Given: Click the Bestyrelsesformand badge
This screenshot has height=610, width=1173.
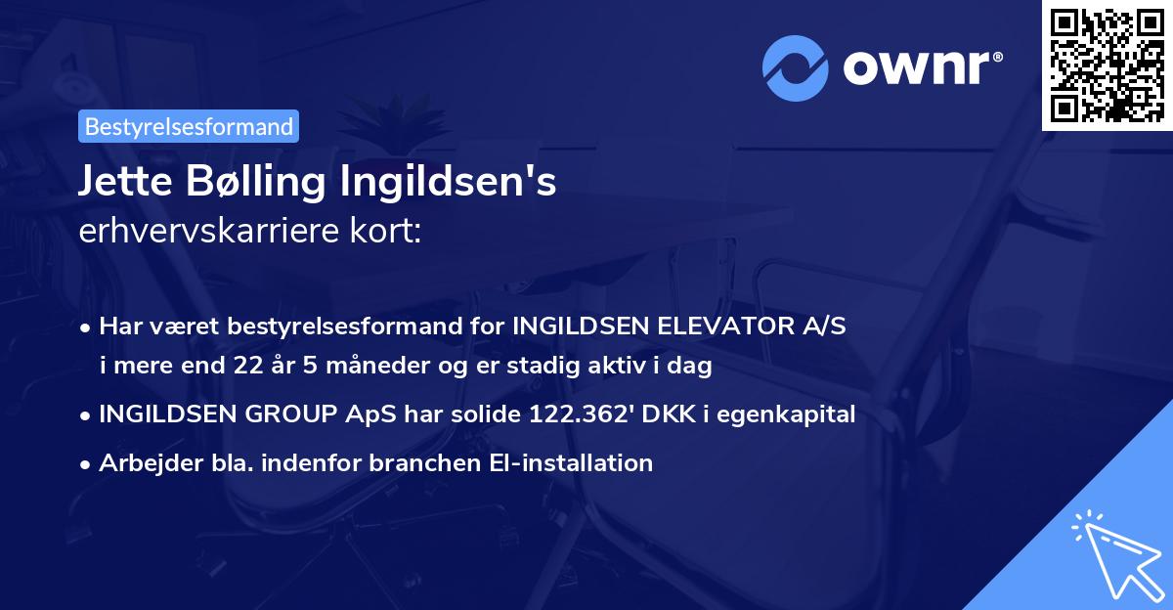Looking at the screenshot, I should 189,126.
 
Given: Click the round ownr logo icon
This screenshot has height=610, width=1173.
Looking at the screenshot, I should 795,67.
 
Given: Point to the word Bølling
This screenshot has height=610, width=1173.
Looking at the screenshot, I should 260,183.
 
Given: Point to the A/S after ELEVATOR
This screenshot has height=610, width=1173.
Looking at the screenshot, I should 823,327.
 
